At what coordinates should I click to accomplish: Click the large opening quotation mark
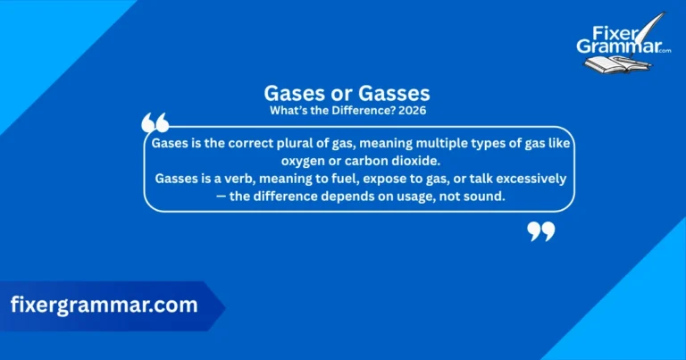point(155,123)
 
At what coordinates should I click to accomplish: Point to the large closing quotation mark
point(540,232)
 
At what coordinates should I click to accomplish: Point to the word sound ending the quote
point(484,197)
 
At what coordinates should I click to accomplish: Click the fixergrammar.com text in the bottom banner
point(104,305)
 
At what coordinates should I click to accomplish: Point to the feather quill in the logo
point(657,27)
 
